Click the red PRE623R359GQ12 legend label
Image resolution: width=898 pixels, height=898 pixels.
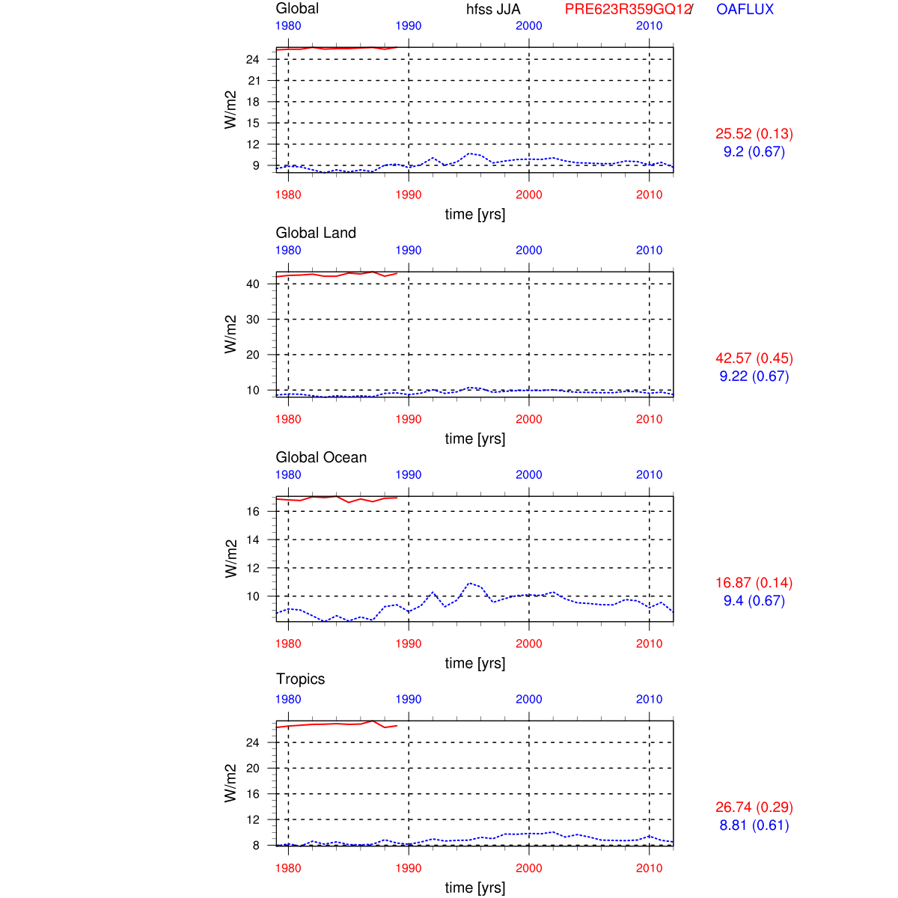(627, 10)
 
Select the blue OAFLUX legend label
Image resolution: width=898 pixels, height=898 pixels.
(745, 10)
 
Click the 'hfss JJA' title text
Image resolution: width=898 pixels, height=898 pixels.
(493, 10)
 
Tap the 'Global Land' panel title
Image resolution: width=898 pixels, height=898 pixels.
(316, 233)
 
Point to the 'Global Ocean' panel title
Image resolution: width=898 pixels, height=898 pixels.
(321, 457)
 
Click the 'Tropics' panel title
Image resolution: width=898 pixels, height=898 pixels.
(300, 679)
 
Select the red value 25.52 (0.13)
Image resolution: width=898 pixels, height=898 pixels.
(754, 134)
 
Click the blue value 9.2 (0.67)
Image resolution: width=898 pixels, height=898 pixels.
(754, 152)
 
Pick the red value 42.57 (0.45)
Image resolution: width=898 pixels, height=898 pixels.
(754, 358)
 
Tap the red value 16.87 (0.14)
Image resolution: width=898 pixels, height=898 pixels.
(754, 583)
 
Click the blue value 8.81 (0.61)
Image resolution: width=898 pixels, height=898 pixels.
(754, 825)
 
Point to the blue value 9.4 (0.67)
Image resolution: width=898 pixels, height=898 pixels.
(754, 601)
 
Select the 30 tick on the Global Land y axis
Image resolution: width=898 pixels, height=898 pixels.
(253, 320)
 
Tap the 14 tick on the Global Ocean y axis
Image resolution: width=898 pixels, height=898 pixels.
(253, 540)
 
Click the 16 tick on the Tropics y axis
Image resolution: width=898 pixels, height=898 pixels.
(253, 794)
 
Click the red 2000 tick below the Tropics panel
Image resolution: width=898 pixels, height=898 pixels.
(528, 868)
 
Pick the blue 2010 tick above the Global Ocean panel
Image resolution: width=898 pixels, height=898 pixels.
(649, 474)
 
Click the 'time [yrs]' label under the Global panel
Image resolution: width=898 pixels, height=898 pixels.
(474, 214)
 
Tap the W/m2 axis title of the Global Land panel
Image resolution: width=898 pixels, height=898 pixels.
(230, 335)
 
